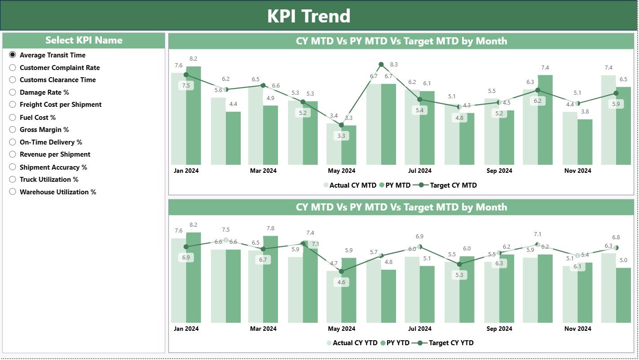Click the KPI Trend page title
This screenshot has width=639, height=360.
(x=308, y=16)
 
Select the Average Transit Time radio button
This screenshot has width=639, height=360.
(x=13, y=55)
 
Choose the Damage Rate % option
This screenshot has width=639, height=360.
(x=13, y=92)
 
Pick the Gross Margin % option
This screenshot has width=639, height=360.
(x=13, y=130)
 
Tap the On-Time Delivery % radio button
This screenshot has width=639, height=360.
(x=13, y=142)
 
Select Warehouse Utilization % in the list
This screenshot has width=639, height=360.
(x=13, y=192)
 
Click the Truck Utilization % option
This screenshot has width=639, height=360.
(x=13, y=180)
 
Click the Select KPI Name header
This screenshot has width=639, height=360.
(x=84, y=40)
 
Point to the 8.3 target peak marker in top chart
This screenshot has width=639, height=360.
(x=381, y=65)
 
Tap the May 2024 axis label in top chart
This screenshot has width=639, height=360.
(x=342, y=171)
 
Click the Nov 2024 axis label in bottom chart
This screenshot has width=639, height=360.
(x=578, y=329)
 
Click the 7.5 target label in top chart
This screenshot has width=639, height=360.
(x=186, y=86)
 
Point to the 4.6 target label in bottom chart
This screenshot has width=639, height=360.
(x=341, y=282)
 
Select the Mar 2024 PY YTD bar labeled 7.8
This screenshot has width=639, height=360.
(x=271, y=279)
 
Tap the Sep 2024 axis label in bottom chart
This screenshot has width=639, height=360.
(x=499, y=329)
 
